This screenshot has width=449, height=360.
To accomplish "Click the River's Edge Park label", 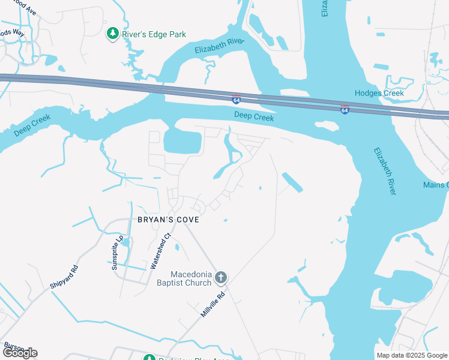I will [x=154, y=34].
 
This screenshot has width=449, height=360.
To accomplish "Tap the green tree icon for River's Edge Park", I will [x=112, y=34].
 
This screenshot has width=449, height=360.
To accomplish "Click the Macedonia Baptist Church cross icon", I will [x=221, y=277].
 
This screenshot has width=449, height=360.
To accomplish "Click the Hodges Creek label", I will [x=379, y=93].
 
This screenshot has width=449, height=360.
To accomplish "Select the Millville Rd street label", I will [x=213, y=305].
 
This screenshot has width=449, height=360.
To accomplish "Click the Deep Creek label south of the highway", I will [x=254, y=117].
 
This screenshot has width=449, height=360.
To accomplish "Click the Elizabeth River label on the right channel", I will [x=385, y=171].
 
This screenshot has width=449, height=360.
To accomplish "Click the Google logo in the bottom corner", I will [x=19, y=352].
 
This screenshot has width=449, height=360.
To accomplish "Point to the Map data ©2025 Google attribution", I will [x=412, y=355].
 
